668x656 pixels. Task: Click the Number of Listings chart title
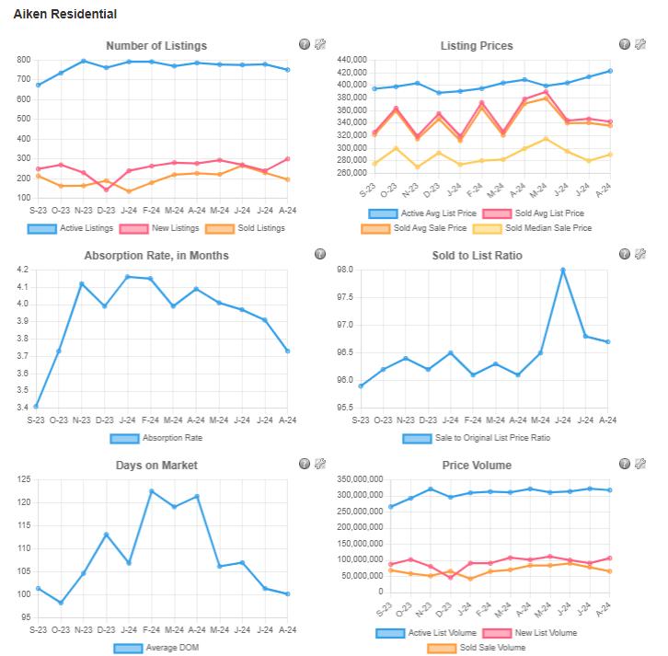pos(156,45)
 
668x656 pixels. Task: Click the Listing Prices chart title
pos(477,45)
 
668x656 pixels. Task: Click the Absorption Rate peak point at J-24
pos(127,276)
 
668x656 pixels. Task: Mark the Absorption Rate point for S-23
pos(36,406)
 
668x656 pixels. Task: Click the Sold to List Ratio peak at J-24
pos(562,270)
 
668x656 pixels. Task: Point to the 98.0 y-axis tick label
pos(344,270)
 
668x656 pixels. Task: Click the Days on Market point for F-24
pos(150,490)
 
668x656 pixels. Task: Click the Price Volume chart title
pos(477,466)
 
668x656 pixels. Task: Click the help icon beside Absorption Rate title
pos(320,254)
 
